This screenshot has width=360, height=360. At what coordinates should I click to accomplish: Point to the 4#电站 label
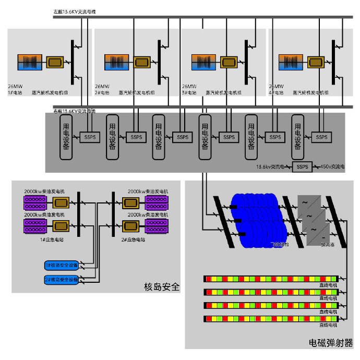(x=276, y=92)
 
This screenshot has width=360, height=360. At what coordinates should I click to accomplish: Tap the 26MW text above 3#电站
(x=189, y=86)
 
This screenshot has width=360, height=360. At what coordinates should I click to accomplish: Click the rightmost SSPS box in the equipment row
(x=321, y=137)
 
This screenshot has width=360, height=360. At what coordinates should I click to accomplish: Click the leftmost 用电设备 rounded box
(x=67, y=137)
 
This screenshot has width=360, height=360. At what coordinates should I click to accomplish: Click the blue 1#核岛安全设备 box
(x=62, y=266)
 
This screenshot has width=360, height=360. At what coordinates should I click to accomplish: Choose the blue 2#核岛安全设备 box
(x=62, y=280)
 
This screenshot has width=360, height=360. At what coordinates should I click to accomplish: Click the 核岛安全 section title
(x=161, y=286)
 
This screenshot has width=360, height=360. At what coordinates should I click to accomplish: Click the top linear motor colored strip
(x=271, y=279)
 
